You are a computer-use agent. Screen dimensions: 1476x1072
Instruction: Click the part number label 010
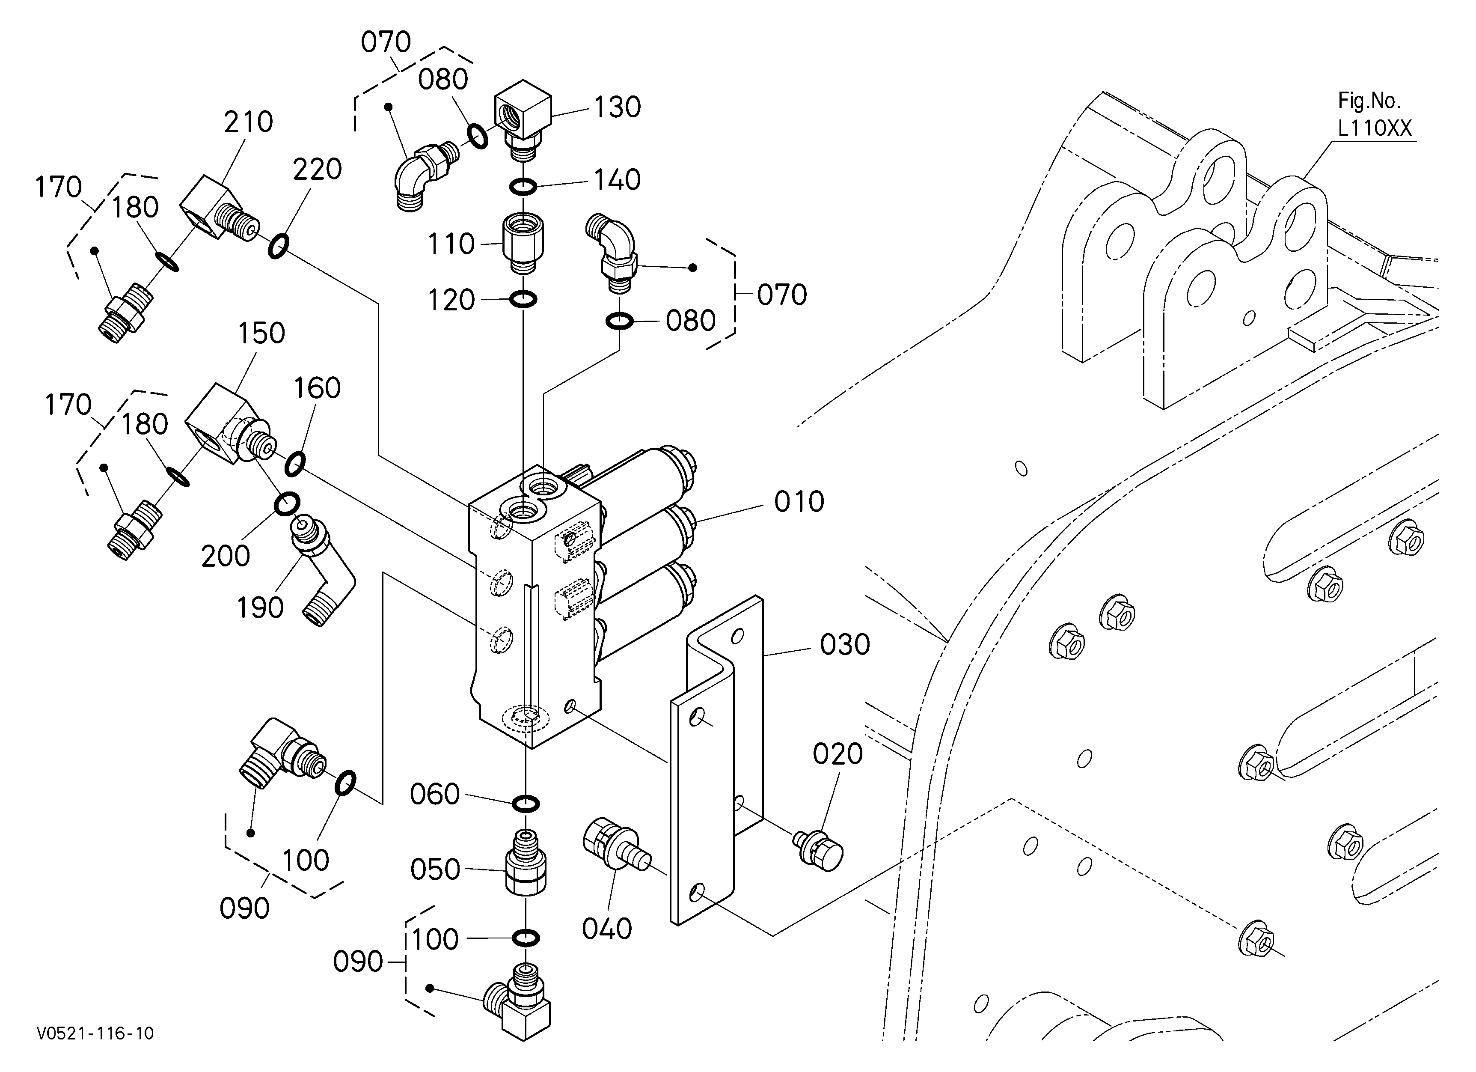tap(799, 501)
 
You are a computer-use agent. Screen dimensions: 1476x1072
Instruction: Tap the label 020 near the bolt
tap(837, 754)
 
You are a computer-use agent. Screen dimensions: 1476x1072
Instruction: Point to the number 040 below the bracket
tap(606, 929)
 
